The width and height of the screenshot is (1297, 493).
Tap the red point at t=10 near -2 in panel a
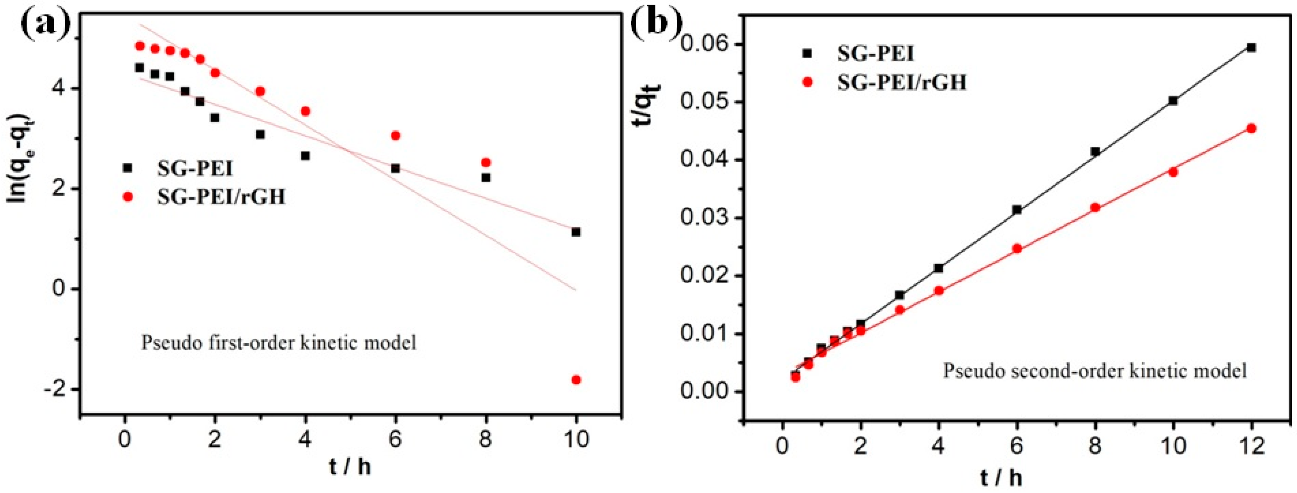click(x=576, y=380)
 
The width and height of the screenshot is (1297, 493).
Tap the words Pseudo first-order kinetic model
click(x=279, y=343)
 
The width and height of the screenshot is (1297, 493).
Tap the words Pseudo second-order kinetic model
click(x=1093, y=371)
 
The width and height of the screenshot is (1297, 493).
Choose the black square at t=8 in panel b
click(x=1095, y=152)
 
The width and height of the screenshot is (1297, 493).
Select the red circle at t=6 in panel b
click(x=1017, y=248)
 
